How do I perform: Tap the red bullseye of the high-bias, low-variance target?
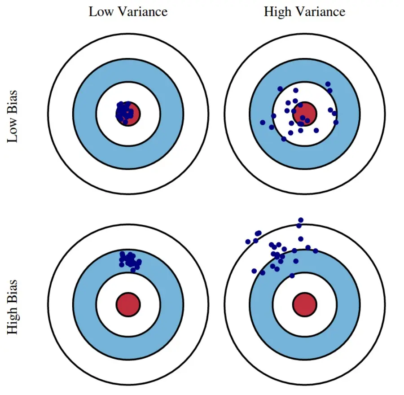pos(128,304)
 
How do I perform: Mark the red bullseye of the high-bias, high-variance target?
pos(305,304)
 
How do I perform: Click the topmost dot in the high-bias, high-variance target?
pos(301,220)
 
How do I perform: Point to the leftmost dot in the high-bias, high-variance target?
pos(248,241)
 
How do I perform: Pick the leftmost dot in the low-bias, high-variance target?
pos(263,122)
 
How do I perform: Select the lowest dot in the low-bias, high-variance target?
pos(283,139)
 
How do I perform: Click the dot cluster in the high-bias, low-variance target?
pos(130,260)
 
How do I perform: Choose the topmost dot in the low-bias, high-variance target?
pos(328,84)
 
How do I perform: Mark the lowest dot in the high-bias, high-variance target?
pos(292,276)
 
